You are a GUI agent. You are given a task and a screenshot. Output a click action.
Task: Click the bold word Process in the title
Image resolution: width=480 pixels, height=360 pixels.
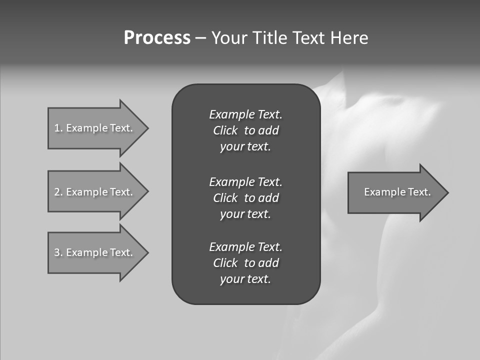click(157, 38)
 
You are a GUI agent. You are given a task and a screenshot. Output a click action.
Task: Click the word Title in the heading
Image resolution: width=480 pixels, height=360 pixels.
click(270, 38)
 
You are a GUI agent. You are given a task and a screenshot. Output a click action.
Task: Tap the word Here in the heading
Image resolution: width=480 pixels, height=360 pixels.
click(349, 38)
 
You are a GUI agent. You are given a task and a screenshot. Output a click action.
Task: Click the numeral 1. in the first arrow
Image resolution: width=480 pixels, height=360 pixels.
click(58, 128)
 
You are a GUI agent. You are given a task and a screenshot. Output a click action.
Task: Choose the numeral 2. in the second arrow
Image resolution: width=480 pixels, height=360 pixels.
click(58, 192)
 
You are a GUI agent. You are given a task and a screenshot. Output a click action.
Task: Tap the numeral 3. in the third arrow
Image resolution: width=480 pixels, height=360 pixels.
click(58, 252)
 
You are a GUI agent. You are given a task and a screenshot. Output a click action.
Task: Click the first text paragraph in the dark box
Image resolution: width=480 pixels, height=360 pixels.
click(245, 130)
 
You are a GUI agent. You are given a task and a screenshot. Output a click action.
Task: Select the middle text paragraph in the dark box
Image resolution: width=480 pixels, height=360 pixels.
click(245, 198)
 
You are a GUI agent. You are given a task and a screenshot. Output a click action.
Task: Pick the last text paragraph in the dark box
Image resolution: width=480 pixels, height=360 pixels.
click(245, 263)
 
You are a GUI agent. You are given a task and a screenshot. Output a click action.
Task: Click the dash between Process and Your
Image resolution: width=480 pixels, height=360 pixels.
click(200, 38)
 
